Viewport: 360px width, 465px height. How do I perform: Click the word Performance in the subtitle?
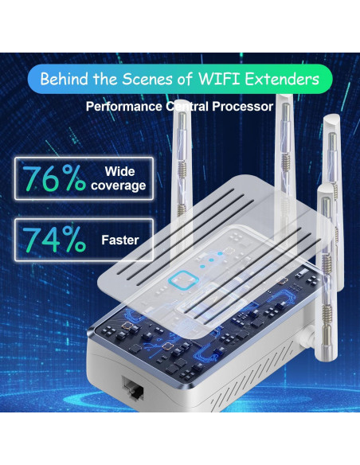click(x=121, y=105)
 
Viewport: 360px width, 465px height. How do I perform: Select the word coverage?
click(x=119, y=186)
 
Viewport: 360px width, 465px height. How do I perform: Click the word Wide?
click(x=119, y=171)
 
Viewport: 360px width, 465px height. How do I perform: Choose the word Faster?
click(x=120, y=239)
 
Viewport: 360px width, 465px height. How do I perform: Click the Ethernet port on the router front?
click(x=131, y=389)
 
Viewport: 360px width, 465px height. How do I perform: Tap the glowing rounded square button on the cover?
click(x=186, y=279)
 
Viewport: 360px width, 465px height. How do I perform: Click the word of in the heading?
click(x=187, y=80)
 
